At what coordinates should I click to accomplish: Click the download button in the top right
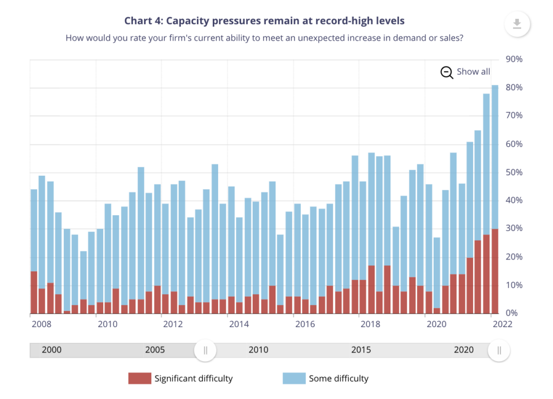point(517,24)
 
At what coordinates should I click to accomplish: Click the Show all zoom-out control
point(466,72)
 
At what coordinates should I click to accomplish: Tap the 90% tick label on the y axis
point(514,59)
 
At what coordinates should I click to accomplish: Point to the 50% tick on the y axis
point(514,172)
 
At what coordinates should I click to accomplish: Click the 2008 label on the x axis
point(41,324)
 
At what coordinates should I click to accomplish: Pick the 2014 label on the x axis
point(239,324)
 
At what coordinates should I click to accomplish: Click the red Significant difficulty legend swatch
point(139,378)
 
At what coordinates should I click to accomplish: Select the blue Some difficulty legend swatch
point(294,378)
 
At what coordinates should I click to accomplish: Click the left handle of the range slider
point(205,350)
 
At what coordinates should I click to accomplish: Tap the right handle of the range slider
point(499,350)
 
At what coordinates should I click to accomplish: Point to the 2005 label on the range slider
point(155,350)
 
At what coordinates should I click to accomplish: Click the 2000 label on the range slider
point(51,350)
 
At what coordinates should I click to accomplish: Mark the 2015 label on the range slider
point(361,350)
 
